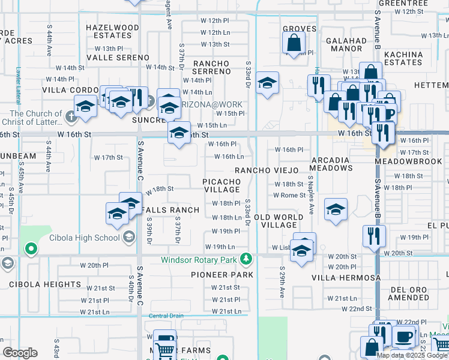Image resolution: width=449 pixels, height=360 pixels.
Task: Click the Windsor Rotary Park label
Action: [x=199, y=260]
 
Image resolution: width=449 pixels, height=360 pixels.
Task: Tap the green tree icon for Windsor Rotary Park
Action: [x=245, y=259]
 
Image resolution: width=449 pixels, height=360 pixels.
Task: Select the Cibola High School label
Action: [x=90, y=238]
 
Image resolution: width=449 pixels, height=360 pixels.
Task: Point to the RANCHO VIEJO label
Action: [x=266, y=170]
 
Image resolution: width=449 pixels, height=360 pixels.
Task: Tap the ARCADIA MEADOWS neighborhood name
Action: [x=331, y=164]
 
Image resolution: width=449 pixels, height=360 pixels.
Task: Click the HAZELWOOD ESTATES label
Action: [x=112, y=32]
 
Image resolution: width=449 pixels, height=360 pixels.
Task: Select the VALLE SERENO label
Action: [x=118, y=58]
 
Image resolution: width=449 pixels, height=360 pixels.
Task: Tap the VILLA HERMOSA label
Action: [x=346, y=278]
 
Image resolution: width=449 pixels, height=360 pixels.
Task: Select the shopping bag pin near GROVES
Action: [x=294, y=43]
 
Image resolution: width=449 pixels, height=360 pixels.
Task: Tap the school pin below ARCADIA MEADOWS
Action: [x=336, y=209]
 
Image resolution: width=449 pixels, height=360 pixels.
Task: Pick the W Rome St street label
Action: [x=289, y=195]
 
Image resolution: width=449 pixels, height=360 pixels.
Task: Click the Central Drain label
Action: [x=166, y=316]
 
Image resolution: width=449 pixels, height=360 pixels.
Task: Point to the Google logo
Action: [x=20, y=353]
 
